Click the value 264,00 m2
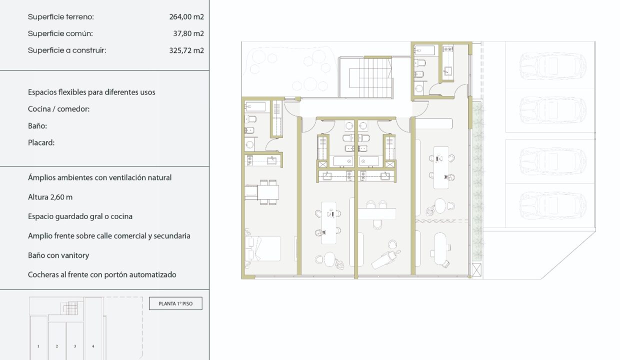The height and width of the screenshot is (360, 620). point(186,17)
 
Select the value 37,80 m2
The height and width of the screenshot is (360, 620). point(188,33)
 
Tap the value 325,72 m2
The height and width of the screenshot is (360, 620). point(186,50)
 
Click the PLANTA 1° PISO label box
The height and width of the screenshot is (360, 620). point(175,303)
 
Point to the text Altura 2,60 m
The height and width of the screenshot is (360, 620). point(50,197)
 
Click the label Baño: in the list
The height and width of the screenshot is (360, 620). point(37,126)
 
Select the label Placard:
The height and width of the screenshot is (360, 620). point(41,143)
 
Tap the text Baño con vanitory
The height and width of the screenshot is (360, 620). point(58,255)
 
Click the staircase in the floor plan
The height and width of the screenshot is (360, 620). point(365,77)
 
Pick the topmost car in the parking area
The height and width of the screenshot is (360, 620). point(552,66)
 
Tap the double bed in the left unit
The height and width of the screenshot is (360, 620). point(262,248)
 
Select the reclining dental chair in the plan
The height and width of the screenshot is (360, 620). point(385,258)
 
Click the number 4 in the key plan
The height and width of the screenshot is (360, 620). point(93,346)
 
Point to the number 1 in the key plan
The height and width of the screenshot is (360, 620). point(38,346)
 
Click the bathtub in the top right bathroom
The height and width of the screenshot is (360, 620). point(424,50)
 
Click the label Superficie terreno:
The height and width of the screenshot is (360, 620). point(61,17)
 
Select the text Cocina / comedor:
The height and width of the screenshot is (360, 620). point(58,109)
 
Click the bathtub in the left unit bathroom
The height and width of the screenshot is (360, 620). point(255,106)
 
